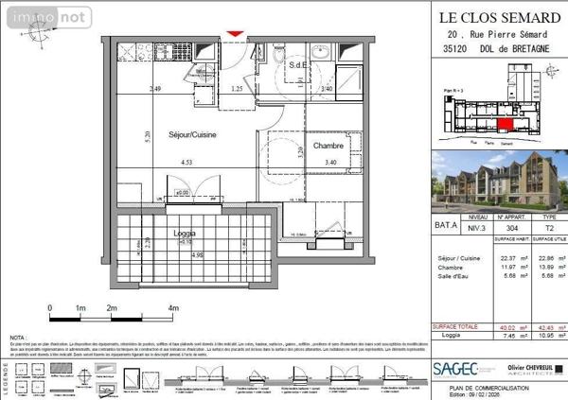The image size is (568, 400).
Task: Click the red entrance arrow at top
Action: (234, 34)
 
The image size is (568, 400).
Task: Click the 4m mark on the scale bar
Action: (172, 309)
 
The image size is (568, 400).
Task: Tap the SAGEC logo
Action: (453, 368)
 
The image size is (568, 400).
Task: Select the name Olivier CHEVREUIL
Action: (524, 364)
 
